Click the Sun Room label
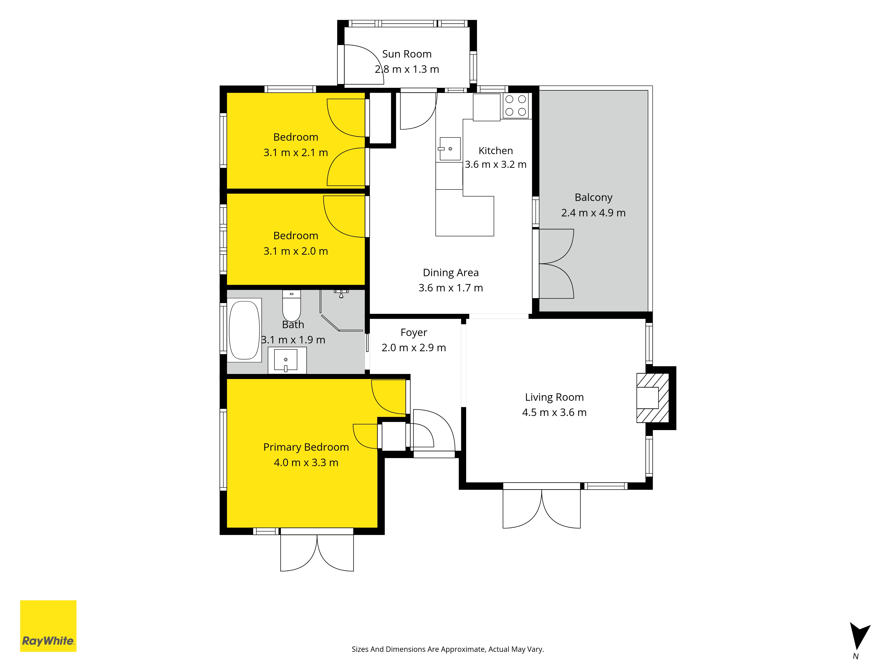tap(407, 54)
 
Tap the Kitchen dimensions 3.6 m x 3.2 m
tap(495, 164)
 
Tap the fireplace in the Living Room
tap(652, 398)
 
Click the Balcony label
tap(593, 197)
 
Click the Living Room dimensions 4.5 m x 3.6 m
tap(554, 412)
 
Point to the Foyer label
tap(414, 333)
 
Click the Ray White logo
tap(48, 626)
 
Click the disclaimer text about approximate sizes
tap(448, 649)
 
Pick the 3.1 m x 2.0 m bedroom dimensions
tap(296, 251)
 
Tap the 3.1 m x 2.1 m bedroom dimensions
tap(296, 153)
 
